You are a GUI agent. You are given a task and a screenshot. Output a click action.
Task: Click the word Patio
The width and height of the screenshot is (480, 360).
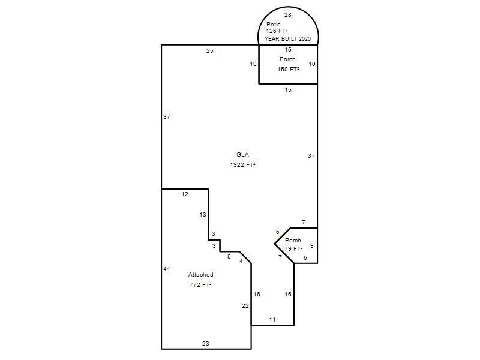click(274, 24)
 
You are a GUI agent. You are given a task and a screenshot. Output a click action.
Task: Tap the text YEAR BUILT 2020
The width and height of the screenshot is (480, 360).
click(287, 39)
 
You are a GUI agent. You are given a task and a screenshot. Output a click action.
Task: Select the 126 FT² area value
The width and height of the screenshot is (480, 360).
click(277, 31)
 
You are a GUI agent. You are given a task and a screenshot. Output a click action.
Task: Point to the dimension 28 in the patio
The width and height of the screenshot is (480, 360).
click(288, 14)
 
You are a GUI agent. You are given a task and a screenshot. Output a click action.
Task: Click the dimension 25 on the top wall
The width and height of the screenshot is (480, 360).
click(209, 51)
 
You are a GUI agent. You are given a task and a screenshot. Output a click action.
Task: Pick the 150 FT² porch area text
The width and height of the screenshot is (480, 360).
click(288, 70)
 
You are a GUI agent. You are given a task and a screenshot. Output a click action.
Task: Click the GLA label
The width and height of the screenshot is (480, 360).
click(242, 155)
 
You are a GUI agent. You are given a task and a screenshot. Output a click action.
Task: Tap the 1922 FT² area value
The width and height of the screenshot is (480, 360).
click(242, 164)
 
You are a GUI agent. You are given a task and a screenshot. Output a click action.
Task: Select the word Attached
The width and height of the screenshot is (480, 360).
click(201, 275)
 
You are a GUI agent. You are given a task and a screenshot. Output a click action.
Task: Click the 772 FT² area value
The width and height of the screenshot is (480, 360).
click(200, 284)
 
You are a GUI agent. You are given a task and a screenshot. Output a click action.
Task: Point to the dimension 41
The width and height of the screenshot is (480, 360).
click(167, 269)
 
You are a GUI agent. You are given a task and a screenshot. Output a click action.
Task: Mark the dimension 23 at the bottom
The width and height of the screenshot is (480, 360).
click(206, 343)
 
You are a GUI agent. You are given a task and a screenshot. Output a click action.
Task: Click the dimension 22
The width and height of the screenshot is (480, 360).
click(245, 305)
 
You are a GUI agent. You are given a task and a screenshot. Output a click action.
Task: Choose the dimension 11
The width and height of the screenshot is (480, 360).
click(272, 320)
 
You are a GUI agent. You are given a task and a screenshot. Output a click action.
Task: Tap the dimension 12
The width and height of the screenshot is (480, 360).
click(185, 194)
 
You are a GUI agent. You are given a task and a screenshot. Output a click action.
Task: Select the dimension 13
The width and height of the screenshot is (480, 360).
click(203, 215)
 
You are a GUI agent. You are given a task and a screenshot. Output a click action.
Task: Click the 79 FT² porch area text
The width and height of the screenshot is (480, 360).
click(293, 249)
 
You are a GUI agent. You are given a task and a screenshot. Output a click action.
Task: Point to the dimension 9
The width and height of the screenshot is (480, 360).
click(311, 245)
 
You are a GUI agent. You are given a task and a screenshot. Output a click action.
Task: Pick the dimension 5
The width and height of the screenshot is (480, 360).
click(229, 257)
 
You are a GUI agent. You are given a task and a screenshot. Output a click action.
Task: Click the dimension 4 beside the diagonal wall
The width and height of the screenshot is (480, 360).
click(241, 261)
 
